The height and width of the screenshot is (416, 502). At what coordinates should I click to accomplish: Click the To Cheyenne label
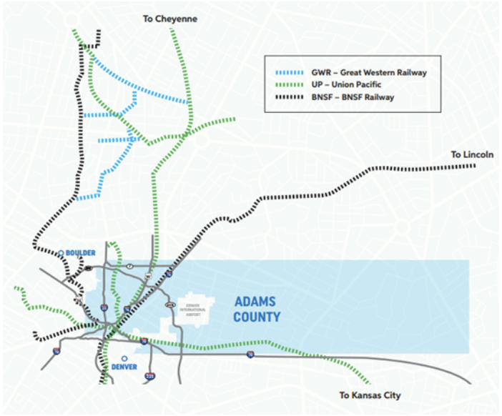169,19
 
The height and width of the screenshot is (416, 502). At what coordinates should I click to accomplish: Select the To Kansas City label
370,395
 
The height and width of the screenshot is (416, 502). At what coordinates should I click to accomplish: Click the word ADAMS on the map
255,302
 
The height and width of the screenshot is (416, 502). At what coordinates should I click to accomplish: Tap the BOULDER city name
80,252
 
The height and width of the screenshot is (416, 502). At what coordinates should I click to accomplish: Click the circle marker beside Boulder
61,252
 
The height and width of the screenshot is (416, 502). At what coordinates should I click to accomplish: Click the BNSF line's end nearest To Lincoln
475,166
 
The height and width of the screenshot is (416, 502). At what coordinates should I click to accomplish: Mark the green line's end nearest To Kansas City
369,382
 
